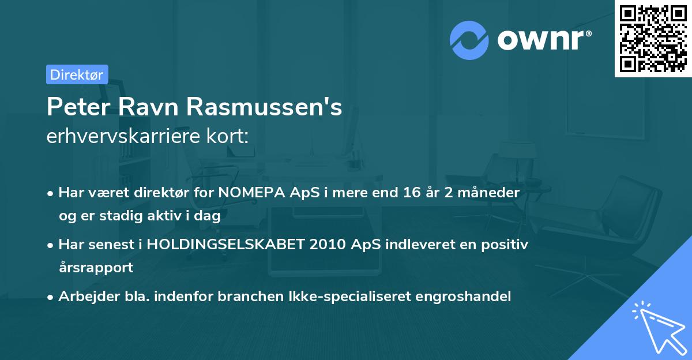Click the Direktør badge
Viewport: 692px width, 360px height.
[77, 74]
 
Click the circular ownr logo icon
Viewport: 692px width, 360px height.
[469, 40]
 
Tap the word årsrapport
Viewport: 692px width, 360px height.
[96, 268]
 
